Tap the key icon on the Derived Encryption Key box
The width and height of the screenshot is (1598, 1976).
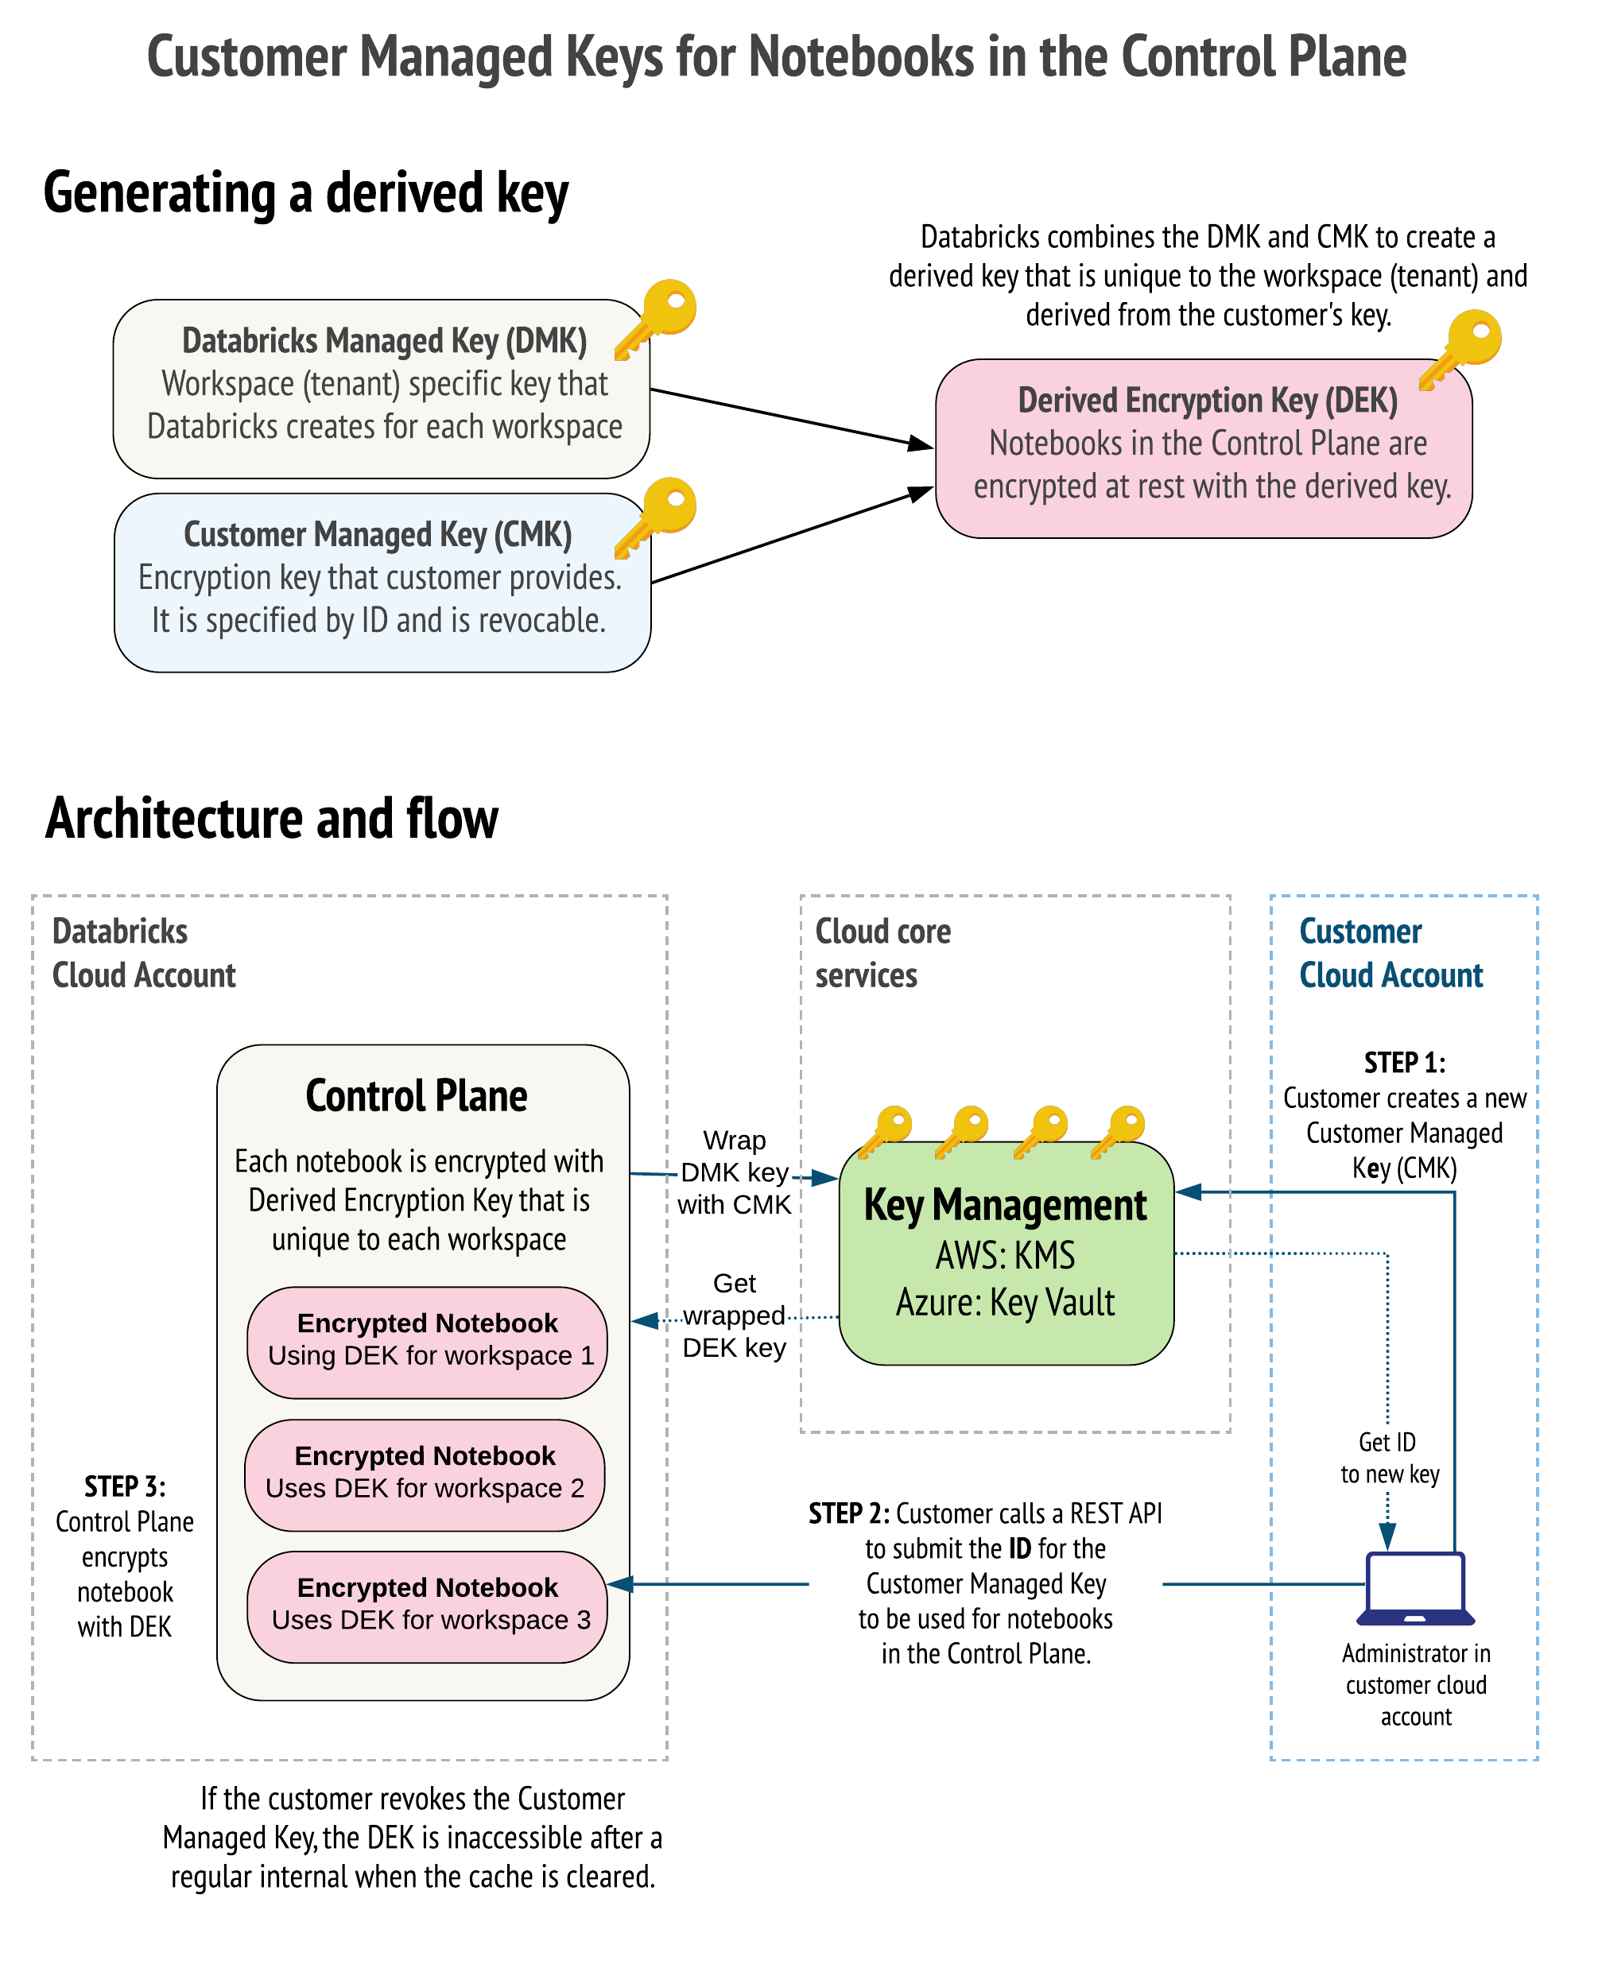1462,350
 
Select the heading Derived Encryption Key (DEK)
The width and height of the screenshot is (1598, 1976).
1208,401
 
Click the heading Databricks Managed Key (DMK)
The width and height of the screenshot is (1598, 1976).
384,340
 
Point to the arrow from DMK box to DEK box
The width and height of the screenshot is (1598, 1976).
792,419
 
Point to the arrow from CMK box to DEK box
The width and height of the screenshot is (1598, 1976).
792,536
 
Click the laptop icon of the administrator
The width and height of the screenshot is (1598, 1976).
1416,1590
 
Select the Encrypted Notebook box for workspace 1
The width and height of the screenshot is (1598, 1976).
427,1343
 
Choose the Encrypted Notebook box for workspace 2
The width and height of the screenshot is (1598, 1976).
425,1475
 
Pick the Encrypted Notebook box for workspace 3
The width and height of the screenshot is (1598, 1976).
427,1607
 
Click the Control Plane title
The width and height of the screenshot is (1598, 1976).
416,1096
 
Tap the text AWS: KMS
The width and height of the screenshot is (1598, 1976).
1005,1255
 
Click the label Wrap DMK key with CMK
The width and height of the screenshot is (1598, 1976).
734,1172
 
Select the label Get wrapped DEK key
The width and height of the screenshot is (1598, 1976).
734,1315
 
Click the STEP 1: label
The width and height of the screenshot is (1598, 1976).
1405,1063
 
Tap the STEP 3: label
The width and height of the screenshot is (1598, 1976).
124,1486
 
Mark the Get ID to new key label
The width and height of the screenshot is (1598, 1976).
1388,1458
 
